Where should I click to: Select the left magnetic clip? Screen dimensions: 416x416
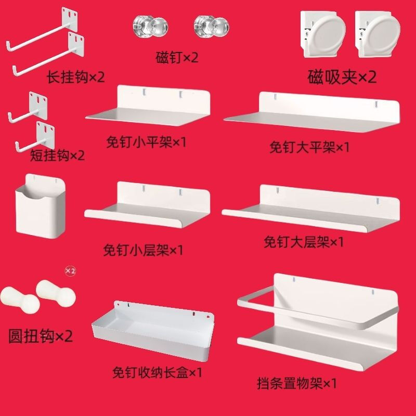click(x=324, y=33)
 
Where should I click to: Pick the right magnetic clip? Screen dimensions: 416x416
click(x=378, y=33)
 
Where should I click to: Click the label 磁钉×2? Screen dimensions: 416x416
click(x=177, y=57)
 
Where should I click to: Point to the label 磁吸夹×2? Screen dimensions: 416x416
click(x=342, y=78)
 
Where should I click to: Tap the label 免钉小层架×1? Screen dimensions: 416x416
click(x=144, y=250)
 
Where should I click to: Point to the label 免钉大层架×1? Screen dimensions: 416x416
click(x=304, y=242)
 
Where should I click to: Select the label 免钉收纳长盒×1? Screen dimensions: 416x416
click(x=157, y=373)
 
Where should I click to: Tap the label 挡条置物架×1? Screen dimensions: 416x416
click(x=297, y=384)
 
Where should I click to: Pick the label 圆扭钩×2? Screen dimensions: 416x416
click(x=41, y=336)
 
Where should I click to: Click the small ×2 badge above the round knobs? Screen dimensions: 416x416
click(x=70, y=271)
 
